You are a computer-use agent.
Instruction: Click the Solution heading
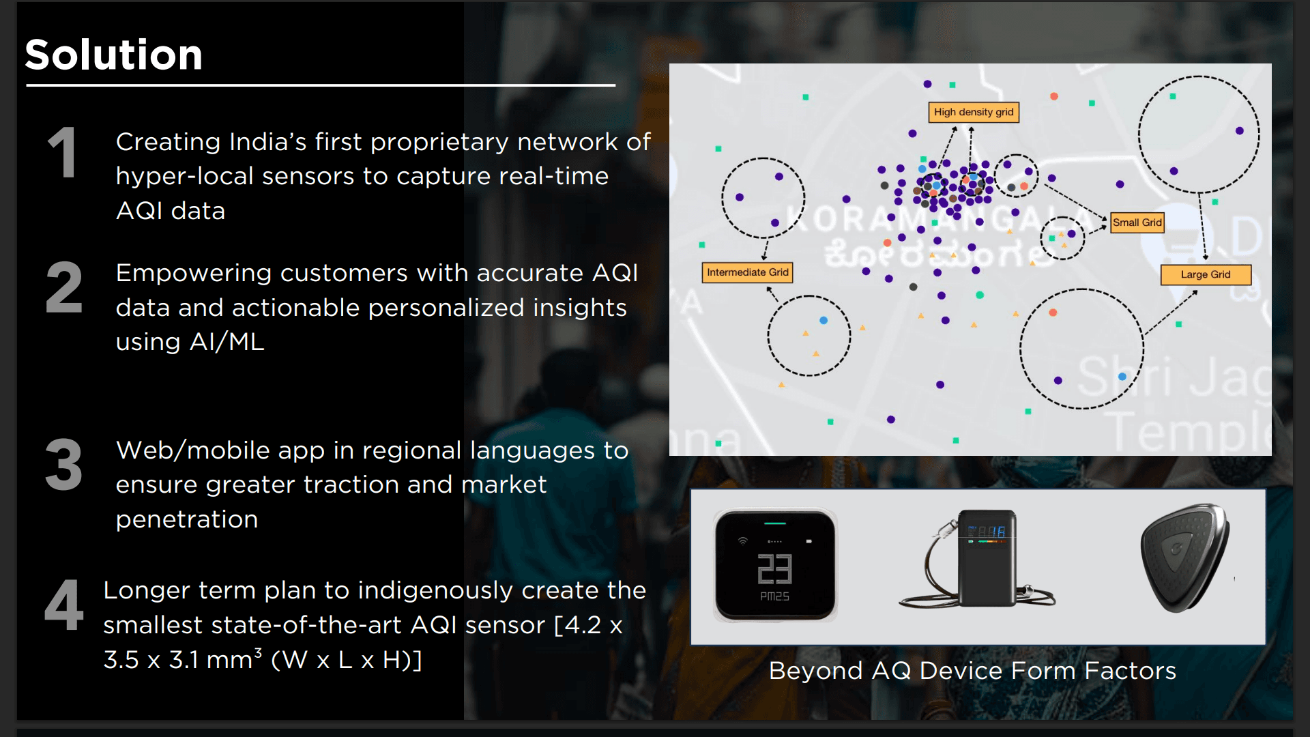pos(114,55)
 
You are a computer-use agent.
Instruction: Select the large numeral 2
pos(63,288)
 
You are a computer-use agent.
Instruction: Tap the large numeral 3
pos(63,465)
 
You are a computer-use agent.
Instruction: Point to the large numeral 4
pos(63,605)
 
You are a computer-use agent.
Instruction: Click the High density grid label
pos(973,112)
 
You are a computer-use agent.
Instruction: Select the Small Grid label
pos(1137,222)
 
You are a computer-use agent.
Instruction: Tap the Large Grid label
pos(1206,274)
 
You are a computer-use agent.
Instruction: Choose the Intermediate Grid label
pos(747,272)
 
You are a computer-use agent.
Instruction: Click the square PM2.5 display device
pos(775,566)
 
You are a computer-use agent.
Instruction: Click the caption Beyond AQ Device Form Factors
pos(972,671)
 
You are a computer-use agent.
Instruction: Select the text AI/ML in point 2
pos(227,342)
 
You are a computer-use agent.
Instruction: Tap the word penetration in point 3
pos(187,519)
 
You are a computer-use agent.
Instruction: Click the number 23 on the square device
pos(774,569)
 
